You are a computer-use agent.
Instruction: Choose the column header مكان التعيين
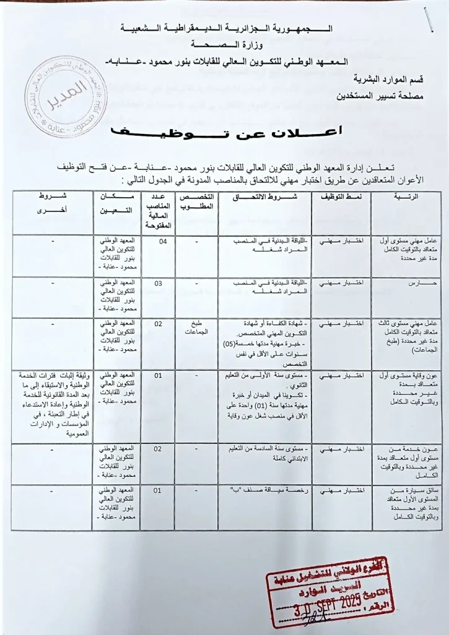121,202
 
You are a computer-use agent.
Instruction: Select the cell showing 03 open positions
159,283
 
